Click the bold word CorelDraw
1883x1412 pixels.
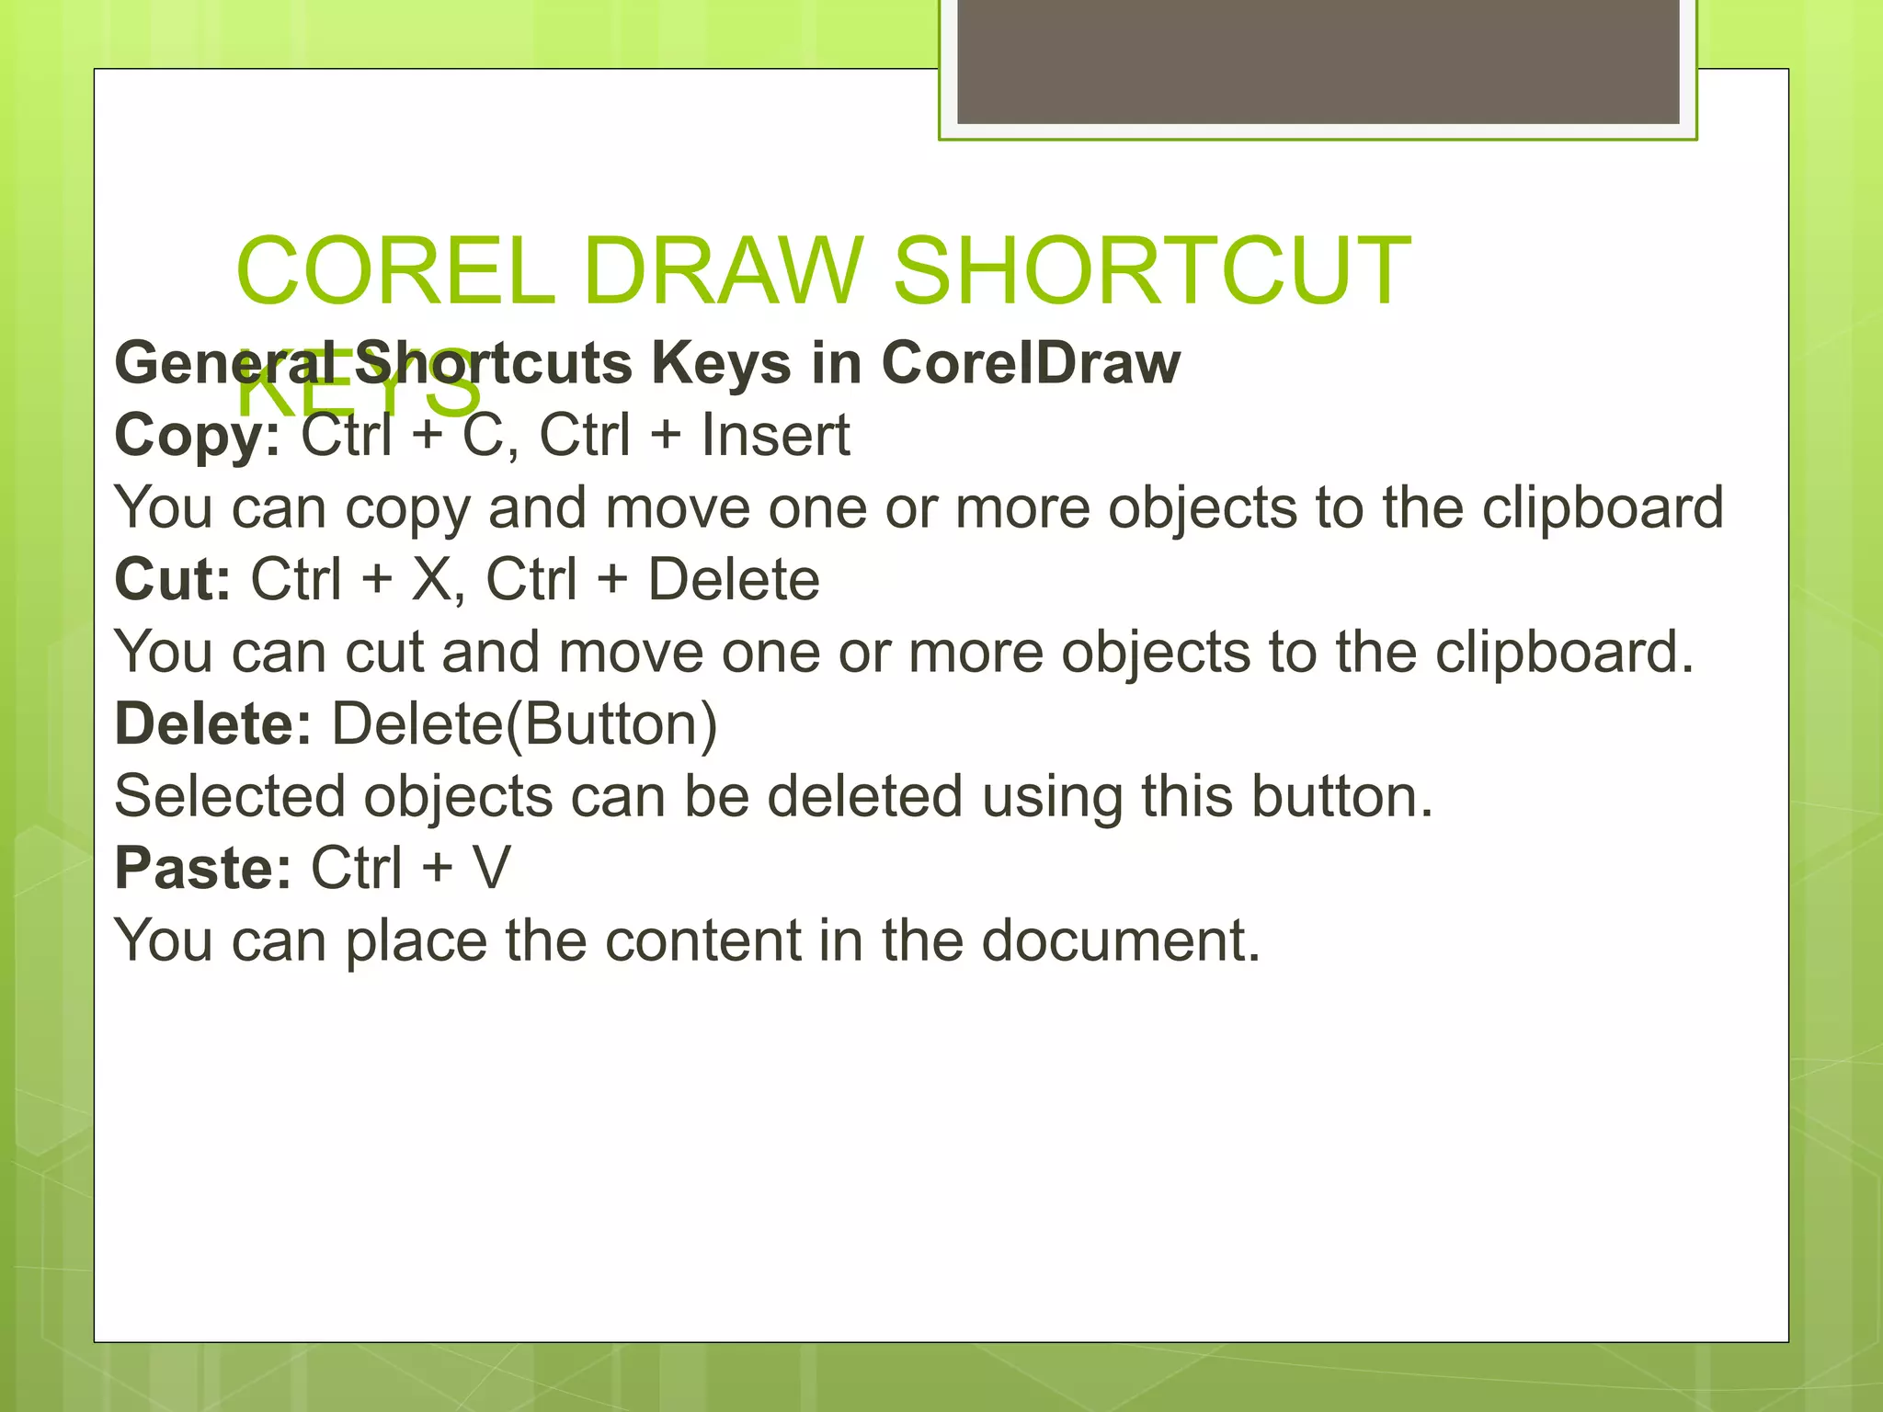[x=1031, y=362]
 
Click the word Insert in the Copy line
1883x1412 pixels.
[x=775, y=435]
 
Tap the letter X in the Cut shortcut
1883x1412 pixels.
[x=432, y=579]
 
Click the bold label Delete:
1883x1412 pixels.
[x=212, y=723]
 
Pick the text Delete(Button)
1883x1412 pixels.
[x=524, y=724]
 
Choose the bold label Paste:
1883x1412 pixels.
[x=202, y=868]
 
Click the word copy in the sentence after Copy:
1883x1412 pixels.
[x=406, y=509]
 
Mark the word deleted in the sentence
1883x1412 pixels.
[x=864, y=796]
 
